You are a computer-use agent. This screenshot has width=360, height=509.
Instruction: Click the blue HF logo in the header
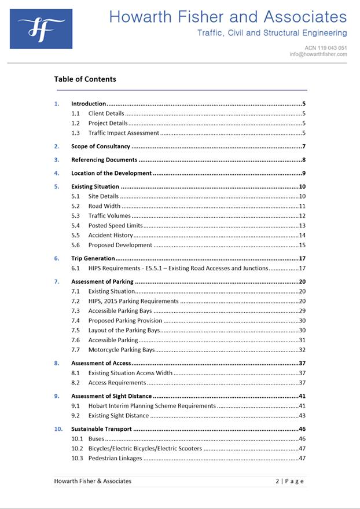[41, 29]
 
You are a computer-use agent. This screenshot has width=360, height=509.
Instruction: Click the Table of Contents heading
[85, 79]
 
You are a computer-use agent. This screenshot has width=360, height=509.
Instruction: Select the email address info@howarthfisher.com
[318, 54]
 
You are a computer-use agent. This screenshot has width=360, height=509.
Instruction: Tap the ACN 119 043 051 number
[326, 47]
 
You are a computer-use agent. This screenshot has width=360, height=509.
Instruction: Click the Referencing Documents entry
[104, 160]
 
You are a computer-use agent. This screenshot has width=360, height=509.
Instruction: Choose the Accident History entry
[111, 235]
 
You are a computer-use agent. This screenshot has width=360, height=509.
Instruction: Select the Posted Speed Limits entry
[115, 225]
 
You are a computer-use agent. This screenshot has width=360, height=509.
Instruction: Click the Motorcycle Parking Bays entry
[122, 350]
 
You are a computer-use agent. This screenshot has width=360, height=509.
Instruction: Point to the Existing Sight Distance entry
[119, 416]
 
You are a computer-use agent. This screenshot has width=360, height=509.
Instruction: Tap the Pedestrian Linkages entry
[115, 459]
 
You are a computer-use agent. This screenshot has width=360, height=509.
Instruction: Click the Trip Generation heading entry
[93, 258]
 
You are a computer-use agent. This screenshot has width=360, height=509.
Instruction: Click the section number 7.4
[75, 320]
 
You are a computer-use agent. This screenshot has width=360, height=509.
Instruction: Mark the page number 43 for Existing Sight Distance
[302, 416]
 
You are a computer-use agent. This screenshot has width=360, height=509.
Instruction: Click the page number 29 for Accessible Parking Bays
[302, 311]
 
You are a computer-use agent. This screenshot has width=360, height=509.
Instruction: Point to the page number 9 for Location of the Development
[303, 173]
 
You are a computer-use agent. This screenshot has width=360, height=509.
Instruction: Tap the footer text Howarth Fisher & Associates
[93, 481]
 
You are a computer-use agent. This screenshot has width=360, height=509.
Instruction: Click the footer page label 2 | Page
[289, 481]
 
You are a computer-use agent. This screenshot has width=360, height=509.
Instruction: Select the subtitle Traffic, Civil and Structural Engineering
[272, 33]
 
